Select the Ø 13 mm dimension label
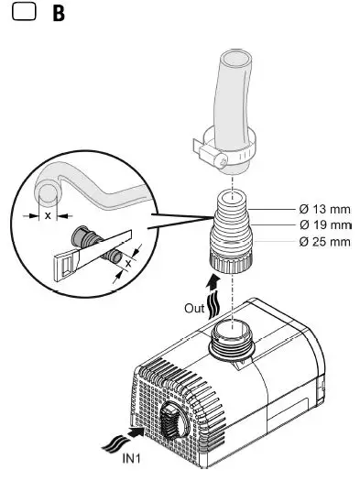click(x=324, y=208)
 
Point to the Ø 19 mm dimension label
click(x=324, y=224)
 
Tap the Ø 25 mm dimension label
click(x=324, y=241)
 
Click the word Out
click(x=193, y=309)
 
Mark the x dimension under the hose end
click(x=47, y=216)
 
